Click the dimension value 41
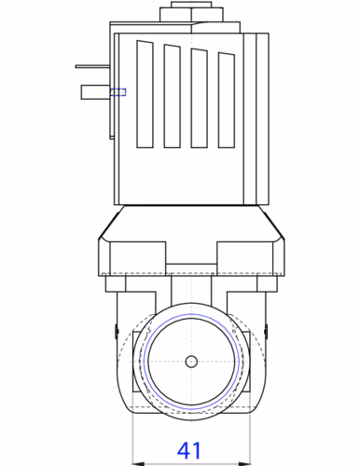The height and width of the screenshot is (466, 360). (x=189, y=449)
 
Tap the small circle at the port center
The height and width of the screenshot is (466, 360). (x=190, y=362)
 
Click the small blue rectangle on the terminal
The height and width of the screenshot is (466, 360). (x=118, y=91)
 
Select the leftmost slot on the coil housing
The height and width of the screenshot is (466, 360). (x=145, y=95)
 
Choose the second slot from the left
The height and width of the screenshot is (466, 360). (x=172, y=97)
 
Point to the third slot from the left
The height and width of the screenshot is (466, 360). (x=199, y=99)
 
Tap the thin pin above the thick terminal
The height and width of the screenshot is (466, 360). (x=93, y=66)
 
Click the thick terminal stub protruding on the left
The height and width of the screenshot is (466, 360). (x=95, y=91)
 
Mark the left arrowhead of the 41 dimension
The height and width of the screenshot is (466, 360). (x=136, y=459)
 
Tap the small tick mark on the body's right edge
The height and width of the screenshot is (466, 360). (x=267, y=327)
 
